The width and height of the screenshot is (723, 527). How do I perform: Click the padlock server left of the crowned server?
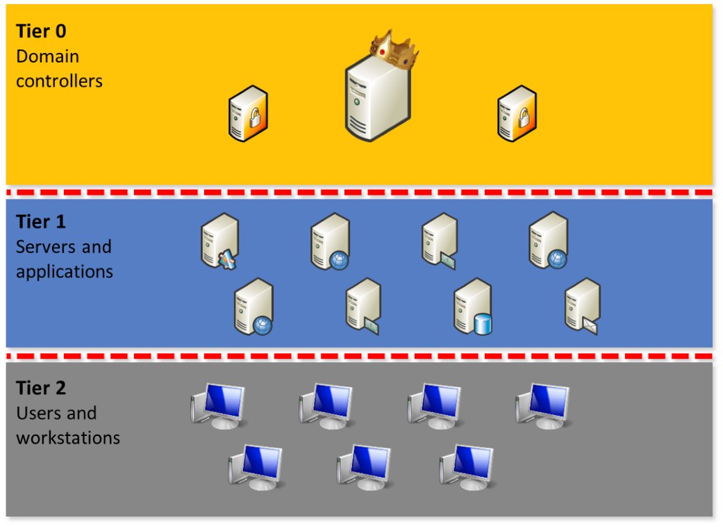248,114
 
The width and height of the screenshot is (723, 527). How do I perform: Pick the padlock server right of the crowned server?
517,114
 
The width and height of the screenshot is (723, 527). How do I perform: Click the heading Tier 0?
42,31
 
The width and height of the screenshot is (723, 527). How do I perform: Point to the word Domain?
47,56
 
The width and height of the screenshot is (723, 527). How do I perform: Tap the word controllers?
59,81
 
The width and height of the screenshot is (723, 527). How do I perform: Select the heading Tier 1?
41,222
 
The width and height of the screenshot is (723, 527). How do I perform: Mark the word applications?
64,271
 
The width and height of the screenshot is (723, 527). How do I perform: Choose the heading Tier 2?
41,387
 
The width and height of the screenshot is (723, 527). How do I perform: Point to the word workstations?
68,438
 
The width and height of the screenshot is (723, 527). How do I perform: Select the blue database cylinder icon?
482,324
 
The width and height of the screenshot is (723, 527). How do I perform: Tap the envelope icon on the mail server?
590,324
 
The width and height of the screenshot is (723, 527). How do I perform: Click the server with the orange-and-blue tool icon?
219,241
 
